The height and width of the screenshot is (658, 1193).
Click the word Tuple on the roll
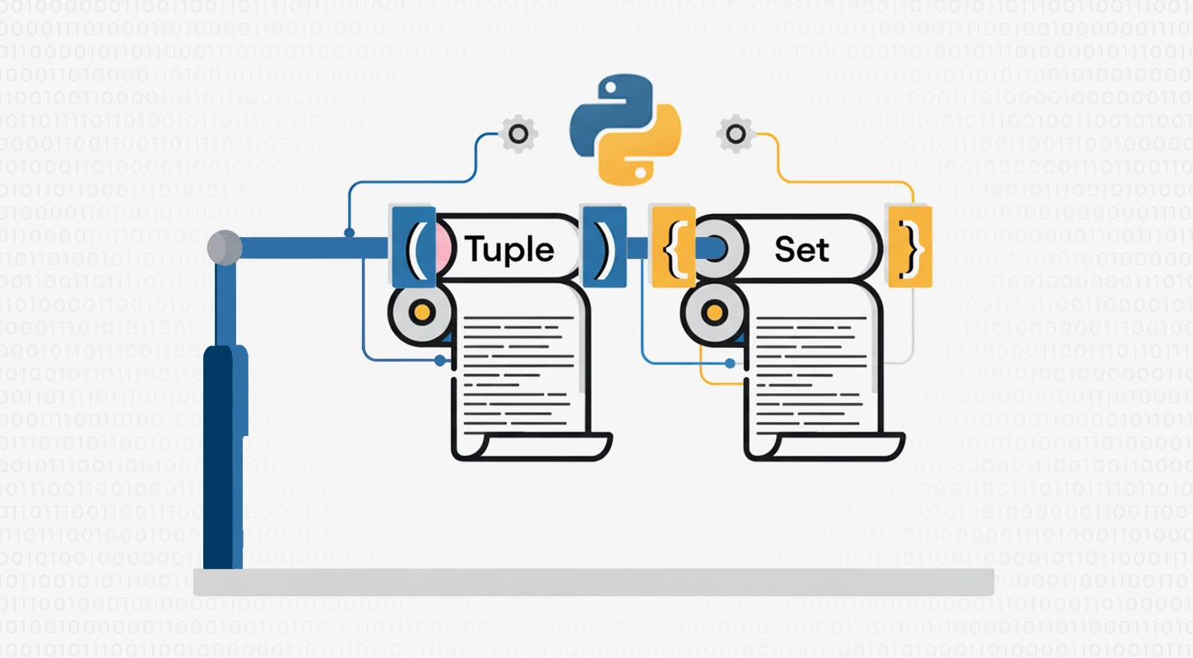[510, 248]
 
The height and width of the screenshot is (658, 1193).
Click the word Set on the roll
[801, 248]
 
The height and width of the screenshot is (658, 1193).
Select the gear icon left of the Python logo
[518, 132]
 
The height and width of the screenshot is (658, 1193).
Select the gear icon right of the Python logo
[734, 132]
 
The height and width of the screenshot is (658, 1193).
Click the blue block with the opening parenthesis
[413, 247]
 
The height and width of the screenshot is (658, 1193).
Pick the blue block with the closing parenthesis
[604, 247]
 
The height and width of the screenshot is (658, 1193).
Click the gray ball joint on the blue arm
[224, 248]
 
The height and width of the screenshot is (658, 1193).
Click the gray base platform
[592, 582]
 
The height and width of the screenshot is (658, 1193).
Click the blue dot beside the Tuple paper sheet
[440, 360]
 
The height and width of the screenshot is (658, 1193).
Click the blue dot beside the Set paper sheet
[729, 363]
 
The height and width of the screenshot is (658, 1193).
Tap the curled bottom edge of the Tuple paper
[531, 448]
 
